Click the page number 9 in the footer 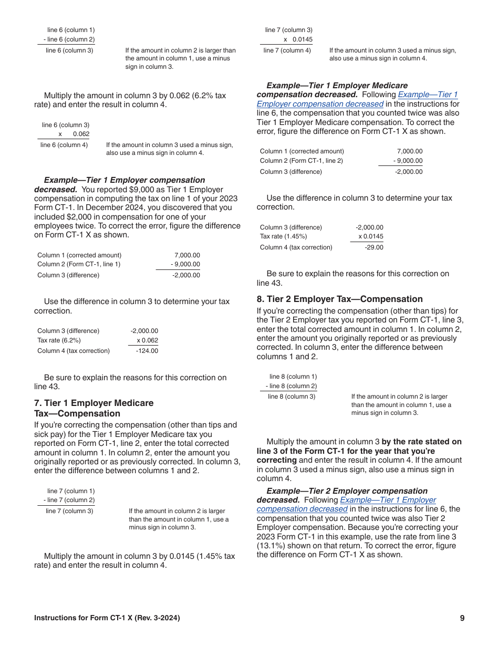tap(462, 618)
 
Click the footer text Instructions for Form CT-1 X tap(107, 618)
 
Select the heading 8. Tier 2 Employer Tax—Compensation tap(339, 299)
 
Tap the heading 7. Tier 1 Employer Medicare tap(93, 403)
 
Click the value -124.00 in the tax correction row tap(147, 351)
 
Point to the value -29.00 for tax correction tap(374, 247)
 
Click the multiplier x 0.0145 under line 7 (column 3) tap(297, 39)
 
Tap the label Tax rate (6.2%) tap(59, 340)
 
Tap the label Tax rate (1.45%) tap(283, 236)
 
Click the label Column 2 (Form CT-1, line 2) tap(302, 161)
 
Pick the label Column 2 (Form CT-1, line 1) tap(79, 264)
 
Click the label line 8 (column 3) tap(292, 397)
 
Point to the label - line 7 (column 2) tap(69, 500)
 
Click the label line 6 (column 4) tap(64, 144)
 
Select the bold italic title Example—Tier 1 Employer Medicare tap(337, 85)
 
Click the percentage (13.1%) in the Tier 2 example tap(272, 546)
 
